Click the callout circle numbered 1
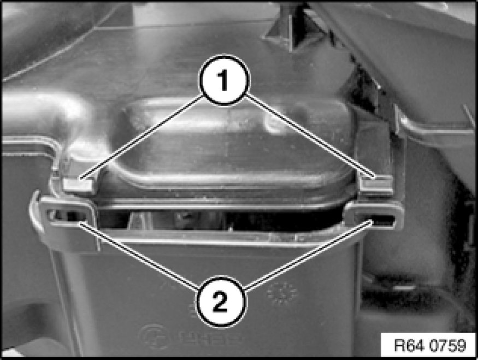(x=225, y=80)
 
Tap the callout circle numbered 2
(x=220, y=302)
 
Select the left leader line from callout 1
(x=141, y=136)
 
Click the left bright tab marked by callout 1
(x=78, y=186)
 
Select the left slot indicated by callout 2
(x=66, y=216)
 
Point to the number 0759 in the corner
(x=448, y=345)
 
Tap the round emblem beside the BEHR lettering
(x=154, y=337)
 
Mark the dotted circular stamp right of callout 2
(x=282, y=294)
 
